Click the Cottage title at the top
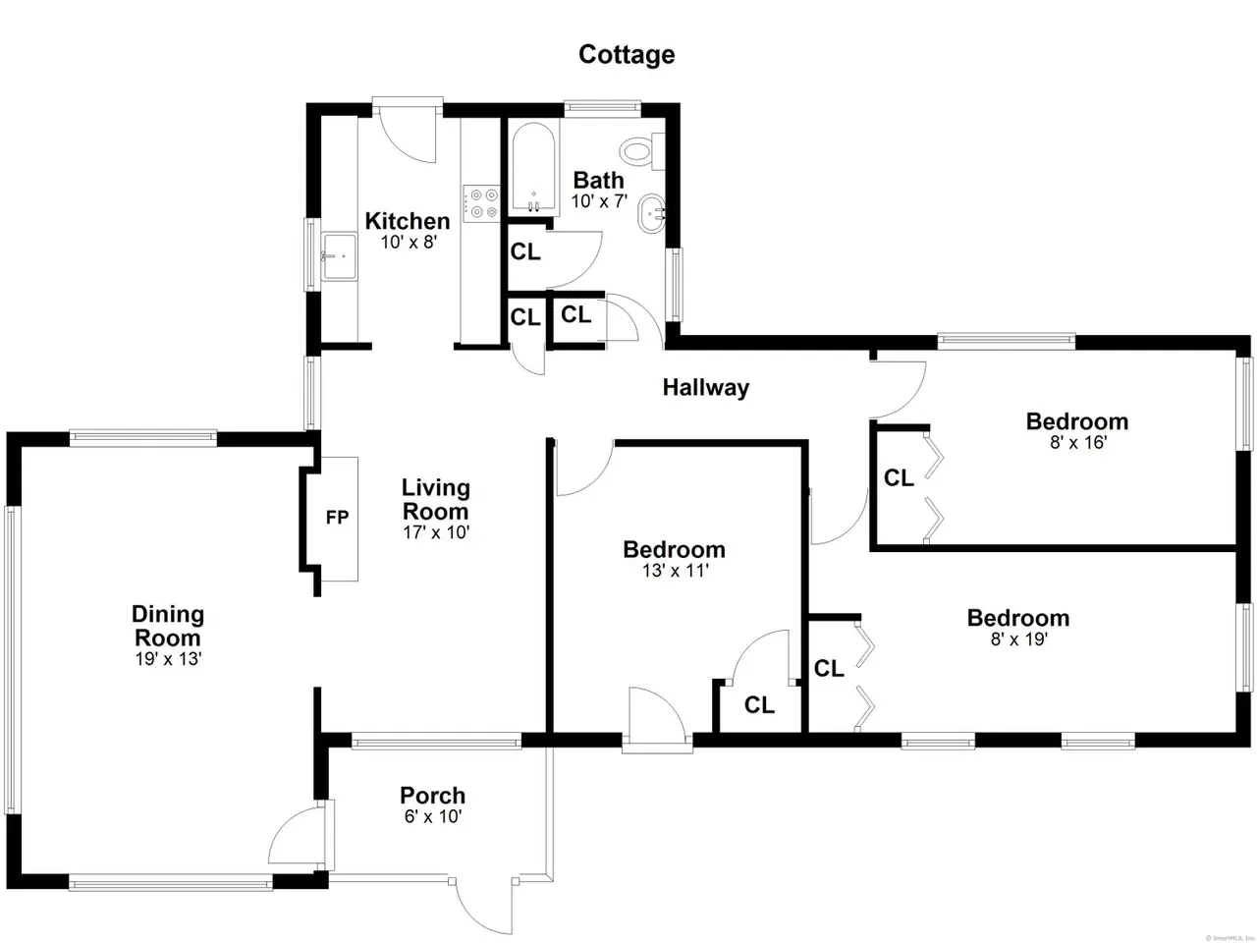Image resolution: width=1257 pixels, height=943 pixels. (x=627, y=55)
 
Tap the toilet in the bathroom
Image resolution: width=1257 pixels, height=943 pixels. (x=642, y=151)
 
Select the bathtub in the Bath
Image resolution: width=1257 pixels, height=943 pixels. (x=533, y=168)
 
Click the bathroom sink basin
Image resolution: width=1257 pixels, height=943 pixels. (x=652, y=213)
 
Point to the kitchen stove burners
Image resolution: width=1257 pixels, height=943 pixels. (x=482, y=203)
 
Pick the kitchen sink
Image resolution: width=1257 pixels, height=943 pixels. (x=339, y=256)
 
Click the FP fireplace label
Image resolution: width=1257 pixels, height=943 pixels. (x=337, y=518)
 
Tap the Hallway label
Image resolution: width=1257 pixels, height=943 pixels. (x=705, y=388)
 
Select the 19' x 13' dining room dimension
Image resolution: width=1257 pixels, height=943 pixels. (x=168, y=659)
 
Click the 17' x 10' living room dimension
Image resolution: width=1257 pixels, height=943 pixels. (x=436, y=532)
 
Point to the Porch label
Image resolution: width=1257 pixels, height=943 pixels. (x=432, y=796)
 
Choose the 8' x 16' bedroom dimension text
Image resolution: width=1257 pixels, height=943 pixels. (x=1077, y=443)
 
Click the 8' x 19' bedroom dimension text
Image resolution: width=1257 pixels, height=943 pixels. (x=1019, y=638)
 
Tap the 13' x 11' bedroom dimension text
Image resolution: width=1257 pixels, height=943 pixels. (x=676, y=571)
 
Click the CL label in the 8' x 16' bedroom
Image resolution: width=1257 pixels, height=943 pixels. (x=899, y=477)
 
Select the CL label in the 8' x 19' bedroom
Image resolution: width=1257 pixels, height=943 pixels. (x=829, y=668)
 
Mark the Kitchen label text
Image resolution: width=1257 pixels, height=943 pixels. (x=408, y=221)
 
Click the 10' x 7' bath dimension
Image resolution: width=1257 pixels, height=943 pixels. (x=600, y=201)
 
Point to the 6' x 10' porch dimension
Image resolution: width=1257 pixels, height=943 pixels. (x=433, y=816)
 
